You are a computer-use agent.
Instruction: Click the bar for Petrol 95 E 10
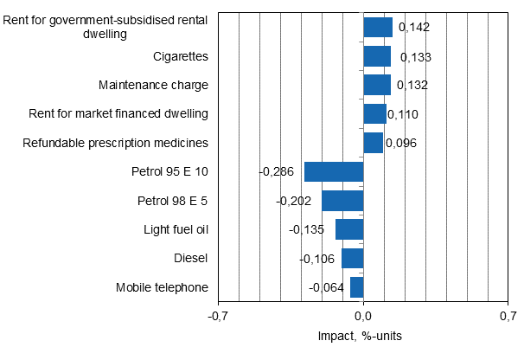click(334, 171)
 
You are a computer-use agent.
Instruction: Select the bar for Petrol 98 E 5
click(342, 201)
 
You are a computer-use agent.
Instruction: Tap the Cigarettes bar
click(377, 56)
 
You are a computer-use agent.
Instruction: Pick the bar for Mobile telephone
click(357, 287)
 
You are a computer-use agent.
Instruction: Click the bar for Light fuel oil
click(349, 229)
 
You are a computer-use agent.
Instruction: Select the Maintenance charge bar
click(377, 85)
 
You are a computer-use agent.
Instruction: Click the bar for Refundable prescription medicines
click(374, 143)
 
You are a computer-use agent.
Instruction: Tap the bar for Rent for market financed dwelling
click(375, 114)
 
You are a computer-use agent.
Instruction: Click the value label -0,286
click(276, 171)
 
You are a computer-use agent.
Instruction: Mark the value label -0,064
click(326, 287)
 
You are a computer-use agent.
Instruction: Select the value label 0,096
click(400, 143)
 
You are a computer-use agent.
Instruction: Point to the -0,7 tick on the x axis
click(218, 317)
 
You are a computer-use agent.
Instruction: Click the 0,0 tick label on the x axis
click(363, 317)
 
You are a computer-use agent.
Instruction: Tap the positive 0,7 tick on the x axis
click(508, 317)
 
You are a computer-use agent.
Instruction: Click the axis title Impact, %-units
click(363, 336)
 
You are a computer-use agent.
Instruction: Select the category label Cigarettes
click(180, 56)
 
